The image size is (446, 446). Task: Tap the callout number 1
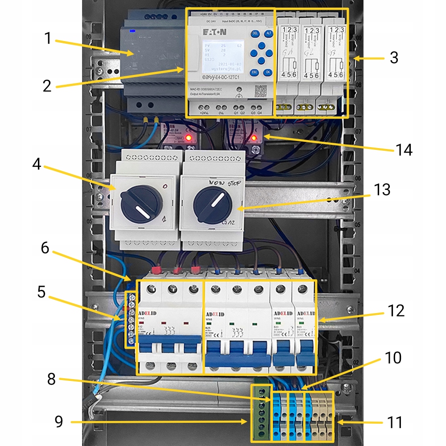point(48,38)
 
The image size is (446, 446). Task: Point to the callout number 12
point(396,310)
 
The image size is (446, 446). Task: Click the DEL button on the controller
point(256,33)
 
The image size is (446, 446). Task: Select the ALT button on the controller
point(268,33)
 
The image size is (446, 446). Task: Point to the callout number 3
point(393,57)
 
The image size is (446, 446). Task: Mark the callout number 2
point(48,85)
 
